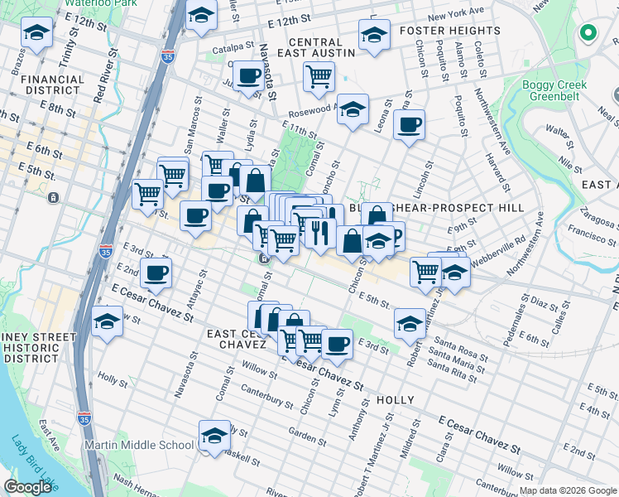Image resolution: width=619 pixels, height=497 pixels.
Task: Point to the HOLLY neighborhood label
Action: click(395, 400)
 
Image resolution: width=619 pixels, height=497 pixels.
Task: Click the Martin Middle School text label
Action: click(141, 445)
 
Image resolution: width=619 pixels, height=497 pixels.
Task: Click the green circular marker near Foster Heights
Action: click(588, 33)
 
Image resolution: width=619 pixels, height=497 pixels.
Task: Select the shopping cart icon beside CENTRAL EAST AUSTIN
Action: click(319, 76)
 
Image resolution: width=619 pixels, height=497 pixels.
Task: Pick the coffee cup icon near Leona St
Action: click(409, 125)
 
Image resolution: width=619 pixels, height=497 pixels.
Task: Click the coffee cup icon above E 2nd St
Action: click(156, 271)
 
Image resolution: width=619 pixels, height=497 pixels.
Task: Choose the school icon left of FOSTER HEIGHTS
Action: click(374, 35)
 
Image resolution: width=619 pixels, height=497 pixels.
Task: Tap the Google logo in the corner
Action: click(29, 487)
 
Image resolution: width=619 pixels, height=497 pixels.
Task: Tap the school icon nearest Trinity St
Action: click(36, 31)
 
